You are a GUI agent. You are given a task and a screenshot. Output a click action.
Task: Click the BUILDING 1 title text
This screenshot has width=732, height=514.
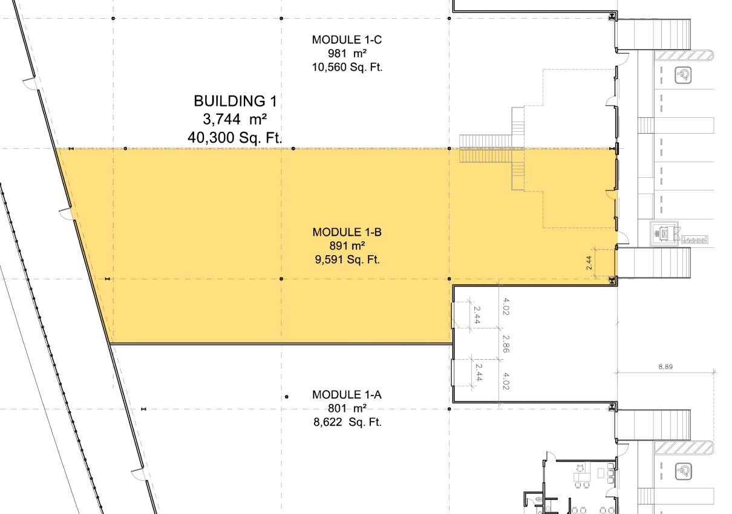point(235,101)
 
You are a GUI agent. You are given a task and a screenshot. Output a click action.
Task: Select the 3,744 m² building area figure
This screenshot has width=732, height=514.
point(235,119)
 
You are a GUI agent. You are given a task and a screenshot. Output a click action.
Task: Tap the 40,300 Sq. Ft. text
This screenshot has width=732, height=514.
point(235,137)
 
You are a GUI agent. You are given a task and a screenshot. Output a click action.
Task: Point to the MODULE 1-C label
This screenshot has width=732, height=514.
point(347,40)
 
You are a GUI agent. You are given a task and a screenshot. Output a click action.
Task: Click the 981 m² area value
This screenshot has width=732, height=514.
point(347,53)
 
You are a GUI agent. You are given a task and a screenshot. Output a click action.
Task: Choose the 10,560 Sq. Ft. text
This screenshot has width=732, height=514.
point(347,67)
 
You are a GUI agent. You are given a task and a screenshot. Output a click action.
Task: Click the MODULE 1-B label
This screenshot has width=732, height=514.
point(347,232)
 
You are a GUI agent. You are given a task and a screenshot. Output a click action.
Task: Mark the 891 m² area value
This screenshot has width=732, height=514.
point(347,246)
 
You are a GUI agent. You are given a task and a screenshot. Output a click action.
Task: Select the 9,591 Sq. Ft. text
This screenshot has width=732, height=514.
point(347,259)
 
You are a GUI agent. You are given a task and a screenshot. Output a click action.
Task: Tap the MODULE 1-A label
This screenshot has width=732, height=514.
point(347,395)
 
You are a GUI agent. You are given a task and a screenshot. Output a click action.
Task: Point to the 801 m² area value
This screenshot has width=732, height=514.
point(347,408)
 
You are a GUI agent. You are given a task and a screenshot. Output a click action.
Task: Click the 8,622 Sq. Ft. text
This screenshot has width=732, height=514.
point(347,422)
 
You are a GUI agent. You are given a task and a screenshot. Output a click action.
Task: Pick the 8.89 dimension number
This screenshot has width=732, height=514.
point(665,366)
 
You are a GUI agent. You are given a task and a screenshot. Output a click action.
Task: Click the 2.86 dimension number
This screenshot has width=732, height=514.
point(506,344)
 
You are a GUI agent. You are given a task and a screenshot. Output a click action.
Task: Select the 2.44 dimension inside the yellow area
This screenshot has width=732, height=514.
point(589,263)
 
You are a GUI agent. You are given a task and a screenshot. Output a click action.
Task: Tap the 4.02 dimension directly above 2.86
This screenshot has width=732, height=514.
point(506,307)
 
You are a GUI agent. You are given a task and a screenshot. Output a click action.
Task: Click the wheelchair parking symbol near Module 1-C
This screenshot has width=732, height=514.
point(683,76)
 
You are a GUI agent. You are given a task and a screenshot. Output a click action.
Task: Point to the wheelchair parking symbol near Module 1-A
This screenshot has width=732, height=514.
point(683,472)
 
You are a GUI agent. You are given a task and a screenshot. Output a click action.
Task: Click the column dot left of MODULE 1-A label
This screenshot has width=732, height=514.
point(287,397)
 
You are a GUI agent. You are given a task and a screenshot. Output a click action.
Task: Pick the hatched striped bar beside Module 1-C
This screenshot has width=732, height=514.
point(684,56)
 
